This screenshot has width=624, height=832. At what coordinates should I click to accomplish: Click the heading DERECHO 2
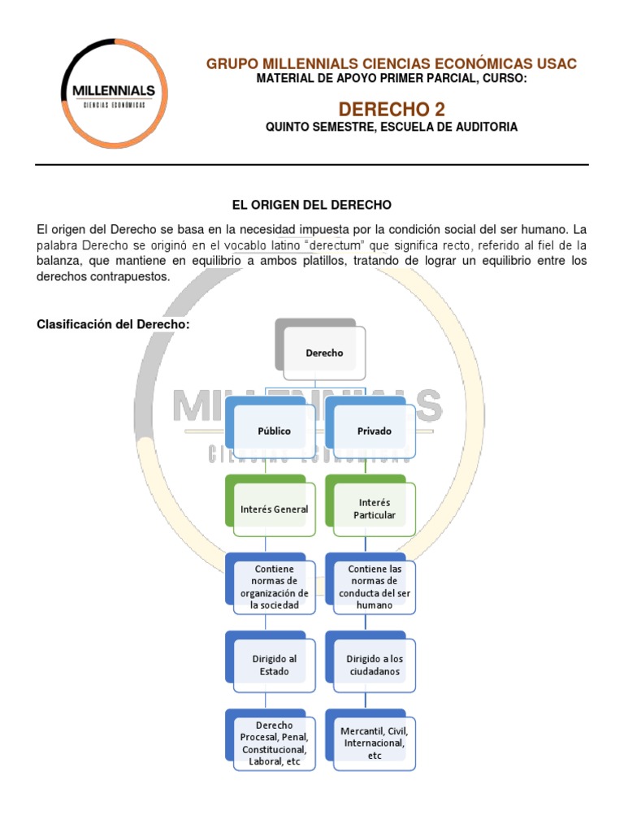391,109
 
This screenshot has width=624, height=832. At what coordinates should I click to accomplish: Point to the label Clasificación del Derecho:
113,324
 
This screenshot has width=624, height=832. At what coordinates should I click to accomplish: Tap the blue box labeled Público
275,431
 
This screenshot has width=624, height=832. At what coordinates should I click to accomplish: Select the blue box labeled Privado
375,431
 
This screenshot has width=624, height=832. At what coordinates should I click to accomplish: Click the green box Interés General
274,509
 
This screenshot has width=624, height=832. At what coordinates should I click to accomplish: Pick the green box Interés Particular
375,509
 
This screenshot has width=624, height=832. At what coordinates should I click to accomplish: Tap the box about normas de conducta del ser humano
375,587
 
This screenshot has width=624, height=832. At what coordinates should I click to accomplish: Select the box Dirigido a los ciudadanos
375,665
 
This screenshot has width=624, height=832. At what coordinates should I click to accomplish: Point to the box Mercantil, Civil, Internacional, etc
375,743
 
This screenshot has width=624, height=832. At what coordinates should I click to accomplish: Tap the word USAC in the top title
557,63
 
